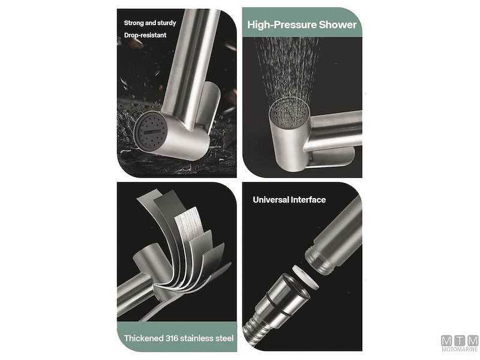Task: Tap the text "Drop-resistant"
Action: tap(145, 35)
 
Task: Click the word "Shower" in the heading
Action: tap(337, 25)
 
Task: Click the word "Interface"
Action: tap(309, 200)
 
